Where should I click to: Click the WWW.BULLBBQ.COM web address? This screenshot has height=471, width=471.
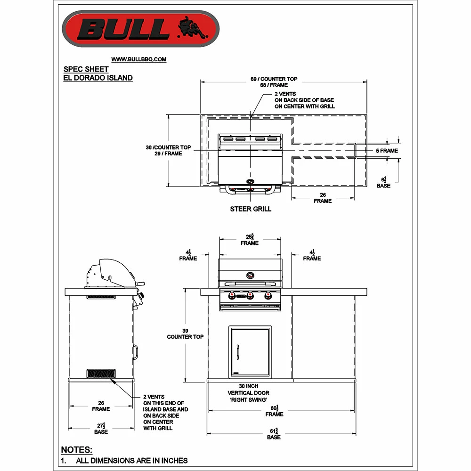click(x=139, y=59)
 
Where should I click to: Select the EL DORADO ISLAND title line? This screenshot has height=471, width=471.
click(x=98, y=78)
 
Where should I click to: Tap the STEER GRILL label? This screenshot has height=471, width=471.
click(x=251, y=209)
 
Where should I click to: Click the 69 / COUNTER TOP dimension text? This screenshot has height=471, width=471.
click(x=274, y=79)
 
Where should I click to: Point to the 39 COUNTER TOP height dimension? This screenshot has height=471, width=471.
click(x=185, y=333)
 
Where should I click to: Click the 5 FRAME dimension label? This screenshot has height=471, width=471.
click(x=386, y=151)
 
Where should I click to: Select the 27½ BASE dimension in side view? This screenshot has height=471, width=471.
click(x=101, y=429)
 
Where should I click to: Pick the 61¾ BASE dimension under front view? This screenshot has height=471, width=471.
click(x=274, y=434)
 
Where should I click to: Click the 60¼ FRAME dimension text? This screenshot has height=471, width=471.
click(x=274, y=411)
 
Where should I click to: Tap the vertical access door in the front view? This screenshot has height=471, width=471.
click(x=251, y=351)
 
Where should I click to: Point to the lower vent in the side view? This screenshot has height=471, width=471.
click(x=101, y=374)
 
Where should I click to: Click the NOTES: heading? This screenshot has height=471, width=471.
click(x=77, y=450)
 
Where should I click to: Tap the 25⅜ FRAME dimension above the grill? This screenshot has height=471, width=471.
click(x=250, y=240)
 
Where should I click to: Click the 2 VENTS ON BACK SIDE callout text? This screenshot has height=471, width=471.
click(x=304, y=100)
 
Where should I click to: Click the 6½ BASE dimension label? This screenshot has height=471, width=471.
click(x=383, y=182)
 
